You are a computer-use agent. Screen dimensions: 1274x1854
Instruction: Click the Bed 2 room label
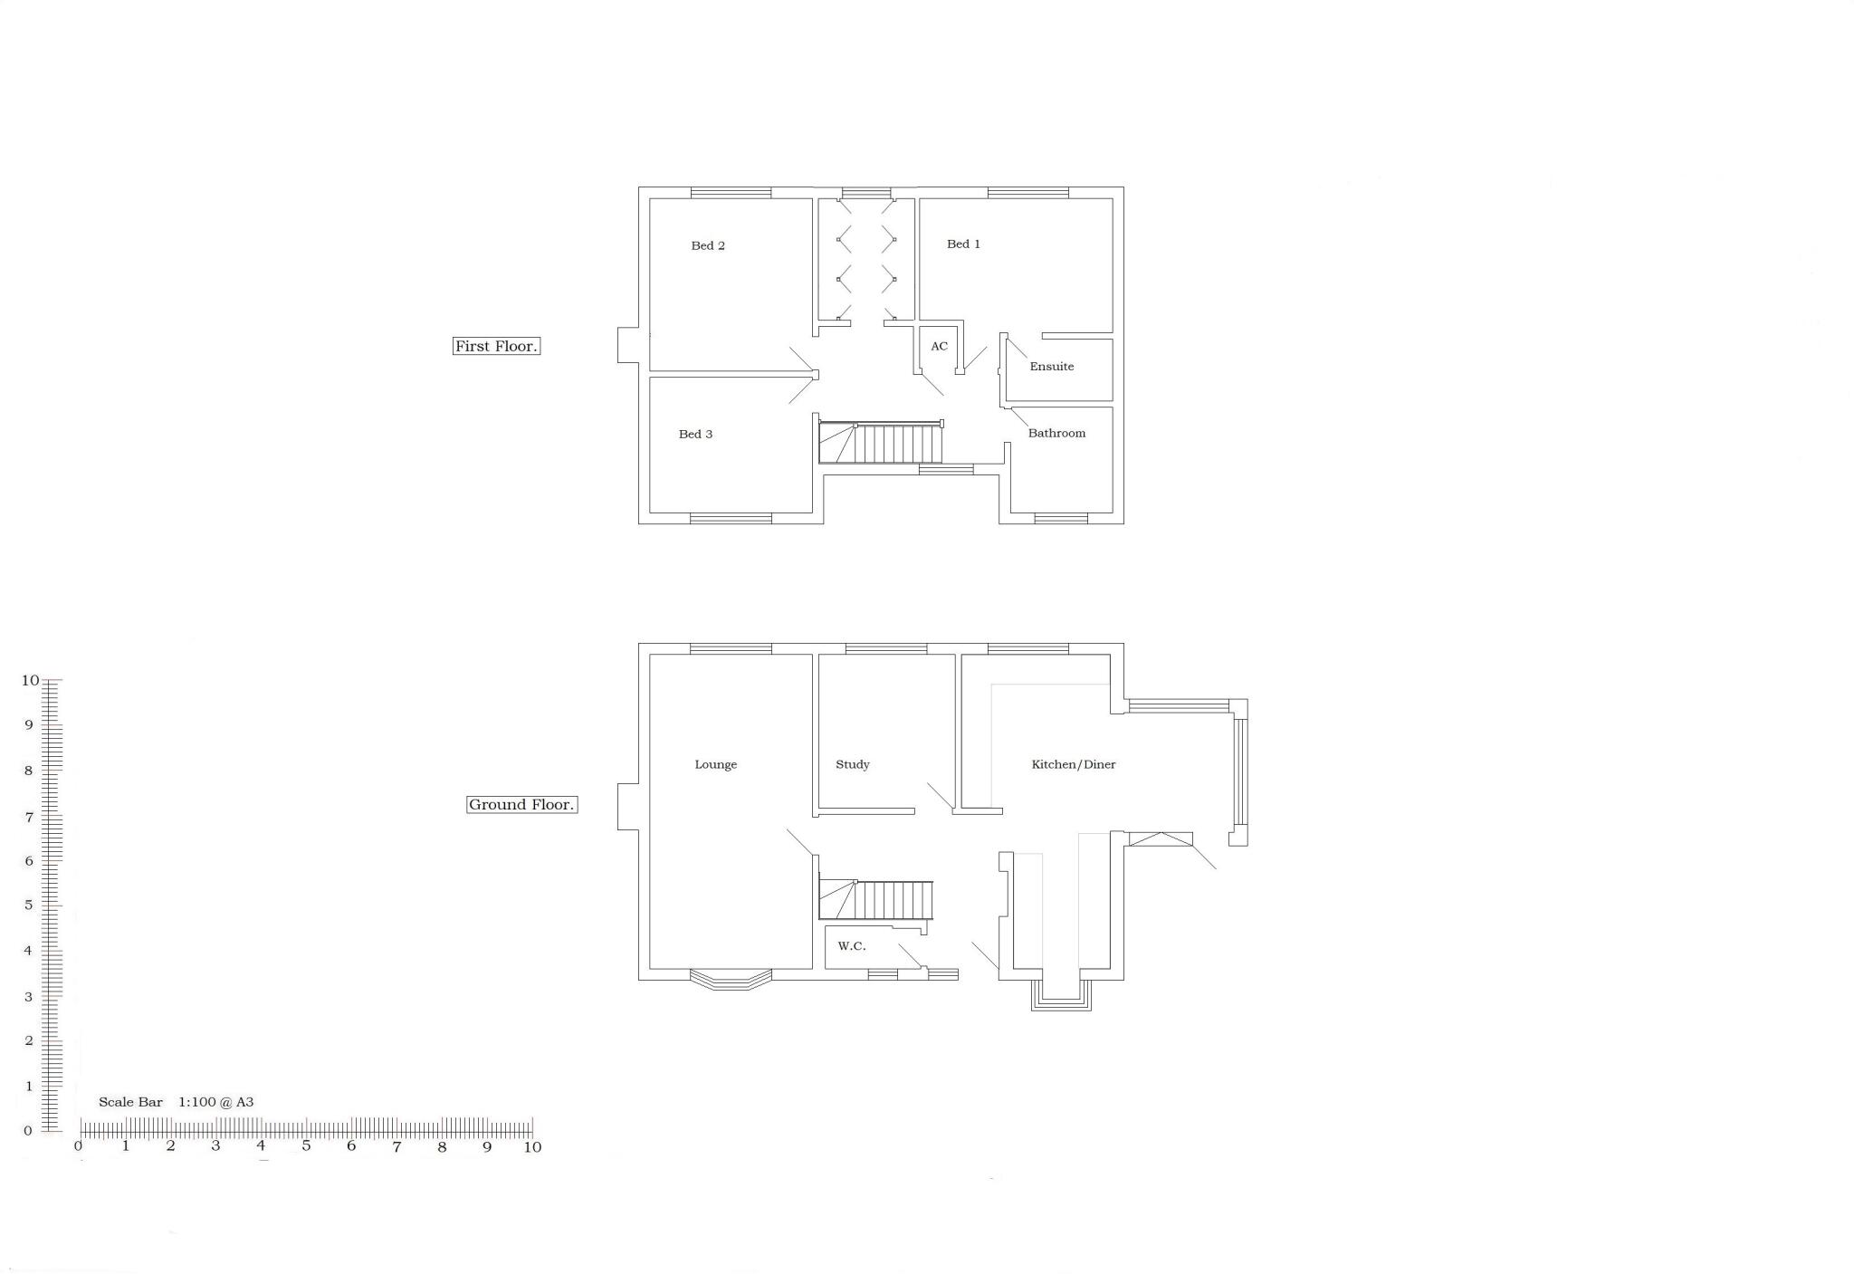[708, 245]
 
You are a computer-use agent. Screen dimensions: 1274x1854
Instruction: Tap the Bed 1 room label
[963, 244]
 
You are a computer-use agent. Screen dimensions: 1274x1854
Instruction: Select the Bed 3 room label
[695, 434]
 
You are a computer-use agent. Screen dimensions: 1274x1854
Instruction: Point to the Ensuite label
[1051, 367]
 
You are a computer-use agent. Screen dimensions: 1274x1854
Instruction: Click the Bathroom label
[1056, 433]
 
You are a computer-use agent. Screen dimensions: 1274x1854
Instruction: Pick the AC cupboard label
[939, 346]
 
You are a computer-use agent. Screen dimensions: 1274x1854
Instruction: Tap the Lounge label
[715, 764]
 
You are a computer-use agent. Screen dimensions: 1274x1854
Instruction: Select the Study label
[852, 764]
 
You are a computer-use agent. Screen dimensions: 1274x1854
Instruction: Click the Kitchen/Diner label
[1073, 764]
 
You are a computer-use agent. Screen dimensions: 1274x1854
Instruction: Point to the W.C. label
[851, 946]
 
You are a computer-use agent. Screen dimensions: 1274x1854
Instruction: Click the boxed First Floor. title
[496, 346]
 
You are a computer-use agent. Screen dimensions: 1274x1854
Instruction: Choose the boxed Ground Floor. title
[521, 804]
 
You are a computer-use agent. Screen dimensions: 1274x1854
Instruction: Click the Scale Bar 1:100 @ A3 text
[176, 1102]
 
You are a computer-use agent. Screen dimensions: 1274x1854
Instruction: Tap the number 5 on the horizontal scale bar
[306, 1146]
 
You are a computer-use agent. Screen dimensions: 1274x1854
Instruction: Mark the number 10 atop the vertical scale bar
[30, 680]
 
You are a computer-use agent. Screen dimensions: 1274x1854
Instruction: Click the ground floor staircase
[875, 900]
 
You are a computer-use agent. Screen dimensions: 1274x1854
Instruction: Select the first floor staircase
[881, 443]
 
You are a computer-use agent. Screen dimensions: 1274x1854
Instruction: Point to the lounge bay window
[731, 979]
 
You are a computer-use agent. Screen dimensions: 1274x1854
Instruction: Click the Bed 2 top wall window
[731, 192]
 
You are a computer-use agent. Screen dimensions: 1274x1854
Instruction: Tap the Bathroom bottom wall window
[1061, 519]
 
